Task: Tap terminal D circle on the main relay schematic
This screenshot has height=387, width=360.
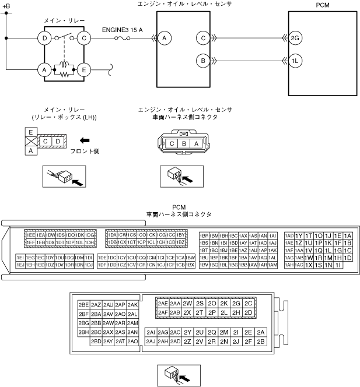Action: (x=44, y=38)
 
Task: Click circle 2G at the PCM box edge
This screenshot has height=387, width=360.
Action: (x=295, y=38)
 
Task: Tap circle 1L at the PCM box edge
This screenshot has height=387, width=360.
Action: (x=295, y=60)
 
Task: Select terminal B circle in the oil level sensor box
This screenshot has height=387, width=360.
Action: (x=203, y=60)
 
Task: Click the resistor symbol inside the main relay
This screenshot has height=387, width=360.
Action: (x=65, y=74)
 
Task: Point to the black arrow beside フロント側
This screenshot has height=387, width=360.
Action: (x=86, y=140)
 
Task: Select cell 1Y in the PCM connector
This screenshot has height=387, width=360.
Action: (x=299, y=235)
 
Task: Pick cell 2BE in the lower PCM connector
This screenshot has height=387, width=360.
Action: (x=83, y=305)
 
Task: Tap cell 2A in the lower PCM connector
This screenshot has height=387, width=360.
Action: (x=261, y=332)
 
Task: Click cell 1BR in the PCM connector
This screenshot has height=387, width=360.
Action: (x=204, y=235)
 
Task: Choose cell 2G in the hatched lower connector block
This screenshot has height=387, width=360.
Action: (x=236, y=303)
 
